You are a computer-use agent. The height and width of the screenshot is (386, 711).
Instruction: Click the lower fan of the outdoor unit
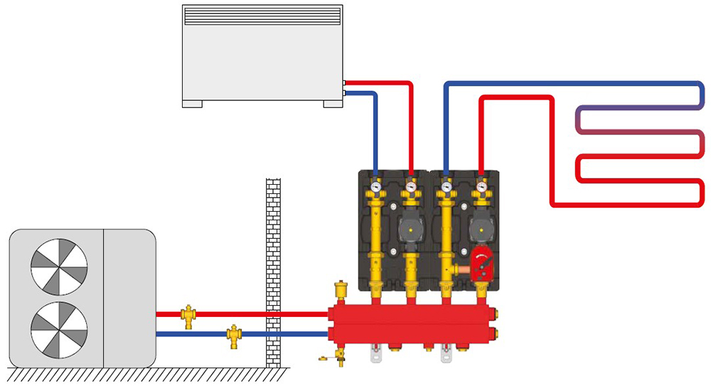click(59, 330)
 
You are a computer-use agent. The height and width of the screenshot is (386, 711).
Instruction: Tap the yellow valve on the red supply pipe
click(188, 315)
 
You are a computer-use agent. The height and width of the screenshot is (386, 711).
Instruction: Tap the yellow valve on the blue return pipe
click(233, 334)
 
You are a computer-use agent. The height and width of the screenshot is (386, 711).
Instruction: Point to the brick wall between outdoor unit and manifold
click(273, 270)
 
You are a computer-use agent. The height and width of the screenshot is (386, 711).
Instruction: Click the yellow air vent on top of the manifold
click(339, 291)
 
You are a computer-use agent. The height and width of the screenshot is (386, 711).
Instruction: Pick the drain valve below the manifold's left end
click(339, 354)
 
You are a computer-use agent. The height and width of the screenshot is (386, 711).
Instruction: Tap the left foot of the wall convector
click(192, 104)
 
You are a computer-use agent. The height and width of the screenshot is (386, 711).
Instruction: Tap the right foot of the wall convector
click(333, 104)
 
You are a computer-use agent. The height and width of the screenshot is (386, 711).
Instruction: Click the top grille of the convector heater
click(262, 15)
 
